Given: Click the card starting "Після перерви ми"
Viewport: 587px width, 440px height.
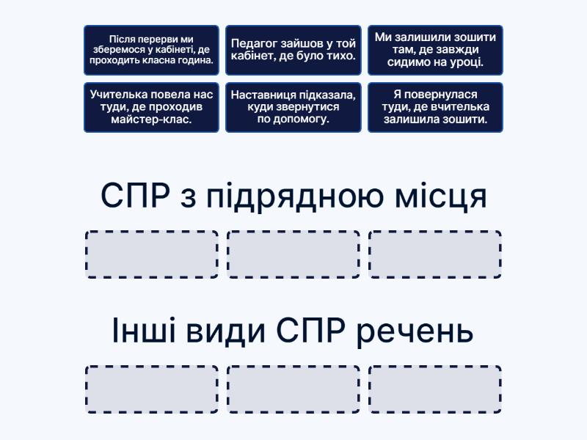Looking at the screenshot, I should point(151,50).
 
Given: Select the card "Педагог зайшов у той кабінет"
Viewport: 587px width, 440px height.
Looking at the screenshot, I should point(293,50).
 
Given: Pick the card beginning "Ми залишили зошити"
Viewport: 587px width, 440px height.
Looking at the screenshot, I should point(435,50).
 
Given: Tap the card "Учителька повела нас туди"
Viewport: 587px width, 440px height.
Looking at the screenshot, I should point(151,107).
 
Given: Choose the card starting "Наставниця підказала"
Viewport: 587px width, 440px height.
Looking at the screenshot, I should point(293,107).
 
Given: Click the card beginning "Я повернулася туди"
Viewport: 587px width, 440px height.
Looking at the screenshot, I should point(435,107).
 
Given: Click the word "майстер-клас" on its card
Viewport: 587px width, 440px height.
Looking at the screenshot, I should point(151,120).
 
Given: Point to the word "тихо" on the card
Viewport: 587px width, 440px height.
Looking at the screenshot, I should point(340,56).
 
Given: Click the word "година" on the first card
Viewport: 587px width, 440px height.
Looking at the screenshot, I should point(195,61).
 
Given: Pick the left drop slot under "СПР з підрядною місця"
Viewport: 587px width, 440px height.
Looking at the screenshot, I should point(152,254).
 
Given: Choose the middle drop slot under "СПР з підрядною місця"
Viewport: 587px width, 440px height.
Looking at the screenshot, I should point(293,254).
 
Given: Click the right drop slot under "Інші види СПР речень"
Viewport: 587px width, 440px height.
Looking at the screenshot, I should point(435,389).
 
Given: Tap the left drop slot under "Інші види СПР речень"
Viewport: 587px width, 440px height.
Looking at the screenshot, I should point(152,389).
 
